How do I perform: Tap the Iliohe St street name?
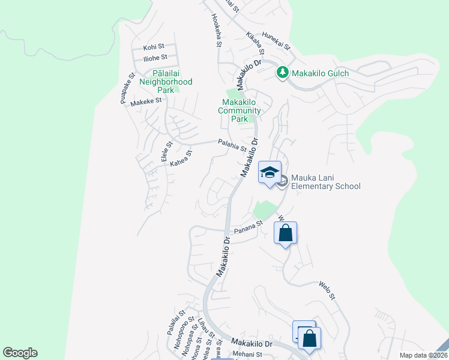click(155, 58)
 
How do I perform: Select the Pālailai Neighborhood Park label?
click(166, 82)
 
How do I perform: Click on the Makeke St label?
click(146, 101)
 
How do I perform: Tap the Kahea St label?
click(181, 158)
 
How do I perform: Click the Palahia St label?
click(232, 145)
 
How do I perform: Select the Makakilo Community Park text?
click(239, 110)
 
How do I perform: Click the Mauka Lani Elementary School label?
click(326, 182)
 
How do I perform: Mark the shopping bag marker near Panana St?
click(286, 233)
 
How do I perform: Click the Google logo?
click(20, 353)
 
